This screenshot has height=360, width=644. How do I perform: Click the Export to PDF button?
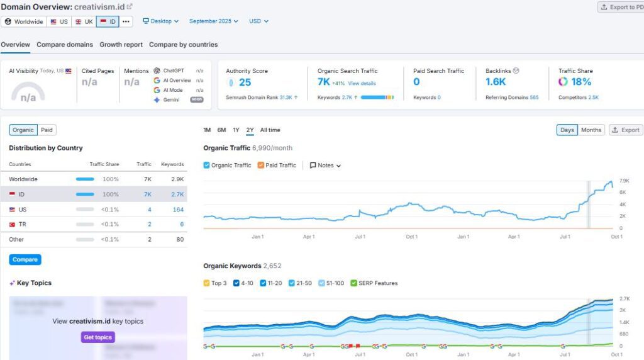pyautogui.click(x=621, y=7)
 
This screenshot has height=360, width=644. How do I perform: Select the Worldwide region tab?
pyautogui.click(x=23, y=21)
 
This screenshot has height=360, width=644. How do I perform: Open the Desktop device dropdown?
pyautogui.click(x=161, y=21)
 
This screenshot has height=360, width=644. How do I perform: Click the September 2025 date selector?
pyautogui.click(x=214, y=21)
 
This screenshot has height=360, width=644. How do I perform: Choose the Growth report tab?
pyautogui.click(x=121, y=45)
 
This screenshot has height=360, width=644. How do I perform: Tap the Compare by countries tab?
pyautogui.click(x=183, y=45)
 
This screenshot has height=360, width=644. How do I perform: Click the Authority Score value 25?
pyautogui.click(x=245, y=82)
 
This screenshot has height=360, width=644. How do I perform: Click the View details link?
pyautogui.click(x=362, y=84)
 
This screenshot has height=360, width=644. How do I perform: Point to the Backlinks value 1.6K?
pyautogui.click(x=496, y=82)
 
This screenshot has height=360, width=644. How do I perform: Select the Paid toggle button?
pyautogui.click(x=47, y=130)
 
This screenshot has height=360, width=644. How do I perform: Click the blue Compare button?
pyautogui.click(x=25, y=259)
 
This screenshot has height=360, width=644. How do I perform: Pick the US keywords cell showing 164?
pyautogui.click(x=178, y=210)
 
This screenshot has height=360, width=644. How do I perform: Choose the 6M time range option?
pyautogui.click(x=221, y=130)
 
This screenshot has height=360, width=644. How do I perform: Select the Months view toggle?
pyautogui.click(x=591, y=130)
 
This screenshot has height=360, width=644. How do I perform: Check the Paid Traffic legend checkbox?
pyautogui.click(x=261, y=166)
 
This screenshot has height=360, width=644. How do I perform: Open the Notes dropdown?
pyautogui.click(x=325, y=166)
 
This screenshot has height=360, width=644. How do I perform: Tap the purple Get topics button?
pyautogui.click(x=97, y=337)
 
